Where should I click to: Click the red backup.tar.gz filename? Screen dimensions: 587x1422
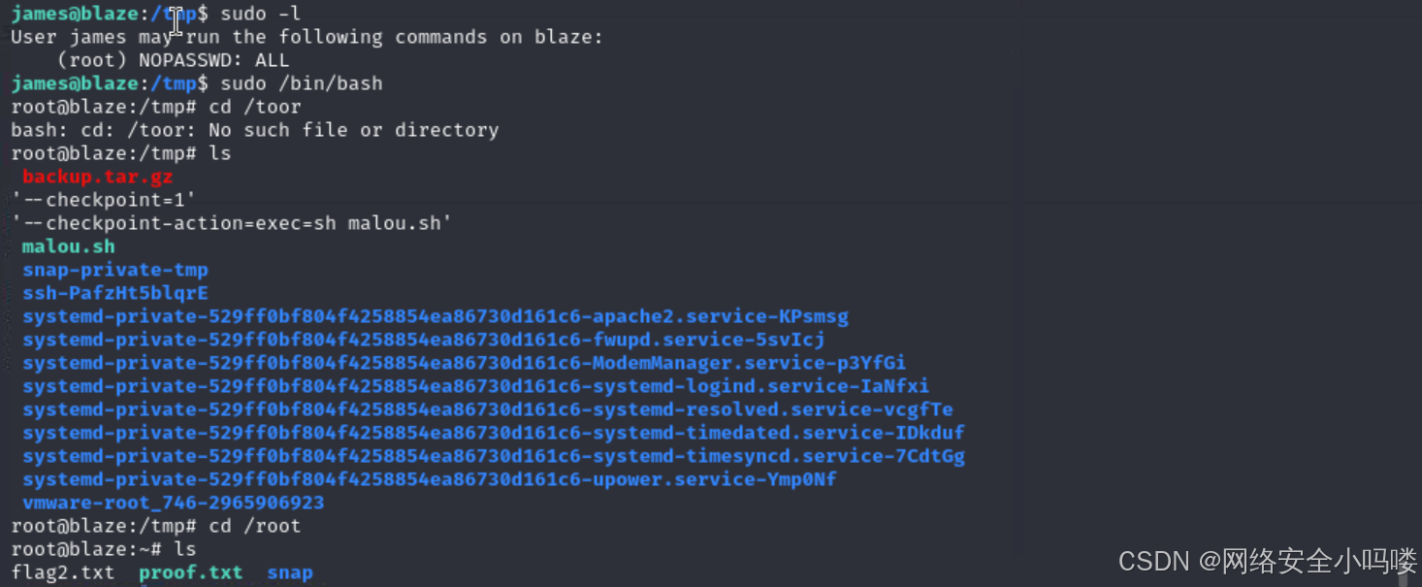tap(97, 177)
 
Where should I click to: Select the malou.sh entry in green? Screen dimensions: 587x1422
tap(68, 246)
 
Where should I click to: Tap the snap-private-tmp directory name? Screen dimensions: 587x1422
tap(114, 270)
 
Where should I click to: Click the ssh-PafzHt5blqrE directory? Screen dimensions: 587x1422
tap(114, 293)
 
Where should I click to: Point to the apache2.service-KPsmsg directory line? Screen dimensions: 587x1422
tap(436, 316)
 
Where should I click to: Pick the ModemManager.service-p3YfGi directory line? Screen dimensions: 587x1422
tap(464, 363)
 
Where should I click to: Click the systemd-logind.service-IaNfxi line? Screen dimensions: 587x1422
tap(475, 386)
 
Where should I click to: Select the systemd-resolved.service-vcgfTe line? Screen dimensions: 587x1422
tap(487, 409)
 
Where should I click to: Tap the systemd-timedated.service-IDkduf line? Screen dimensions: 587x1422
tap(493, 433)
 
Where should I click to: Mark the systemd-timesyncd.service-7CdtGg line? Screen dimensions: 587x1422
tap(493, 456)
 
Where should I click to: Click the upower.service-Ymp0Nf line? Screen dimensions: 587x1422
tap(429, 479)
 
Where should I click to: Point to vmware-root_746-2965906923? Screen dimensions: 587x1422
tap(173, 503)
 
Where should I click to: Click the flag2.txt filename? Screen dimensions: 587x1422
tap(62, 572)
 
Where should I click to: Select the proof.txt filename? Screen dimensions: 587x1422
tap(190, 572)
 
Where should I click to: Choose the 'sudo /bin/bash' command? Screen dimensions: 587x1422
tap(301, 83)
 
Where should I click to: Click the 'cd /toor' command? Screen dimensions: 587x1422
tap(254, 107)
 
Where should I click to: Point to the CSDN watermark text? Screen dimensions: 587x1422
tap(1267, 561)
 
